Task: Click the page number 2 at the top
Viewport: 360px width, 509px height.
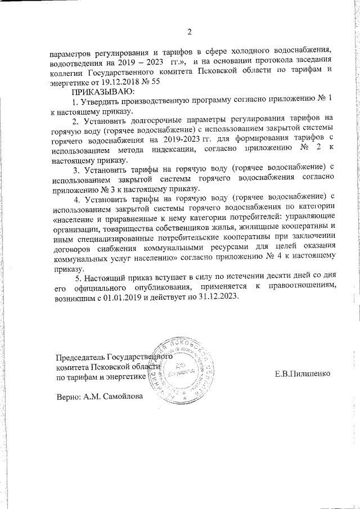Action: [190, 31]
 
